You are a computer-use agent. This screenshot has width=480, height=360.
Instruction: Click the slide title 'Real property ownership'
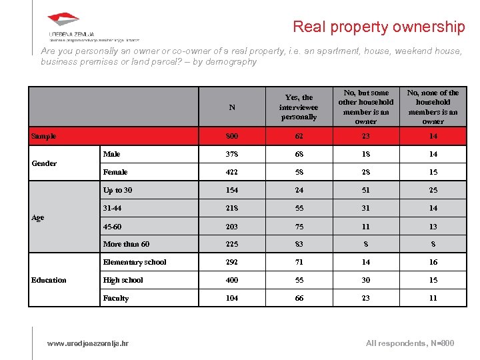pyautogui.click(x=379, y=27)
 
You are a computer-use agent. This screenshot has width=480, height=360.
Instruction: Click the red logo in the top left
pyautogui.click(x=64, y=21)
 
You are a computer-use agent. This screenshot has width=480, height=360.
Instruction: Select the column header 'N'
pyautogui.click(x=232, y=107)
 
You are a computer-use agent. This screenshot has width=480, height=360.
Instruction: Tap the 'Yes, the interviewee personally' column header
pyautogui.click(x=299, y=107)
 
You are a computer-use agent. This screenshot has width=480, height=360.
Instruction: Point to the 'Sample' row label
pyautogui.click(x=44, y=136)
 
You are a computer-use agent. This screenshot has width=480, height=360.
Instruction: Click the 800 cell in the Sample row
pyautogui.click(x=232, y=136)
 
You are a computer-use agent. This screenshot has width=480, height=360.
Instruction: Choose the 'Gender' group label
pyautogui.click(x=45, y=163)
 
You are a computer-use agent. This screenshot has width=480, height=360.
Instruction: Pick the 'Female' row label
pyautogui.click(x=115, y=172)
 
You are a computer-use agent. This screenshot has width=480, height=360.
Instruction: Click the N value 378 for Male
pyautogui.click(x=232, y=154)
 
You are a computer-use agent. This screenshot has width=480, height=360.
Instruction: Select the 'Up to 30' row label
pyautogui.click(x=117, y=190)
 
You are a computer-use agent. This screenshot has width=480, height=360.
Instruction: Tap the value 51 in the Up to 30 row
pyautogui.click(x=365, y=190)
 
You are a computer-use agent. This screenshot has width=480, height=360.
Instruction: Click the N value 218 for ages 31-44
pyautogui.click(x=232, y=208)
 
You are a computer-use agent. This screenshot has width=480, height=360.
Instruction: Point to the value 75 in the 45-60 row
pyautogui.click(x=299, y=226)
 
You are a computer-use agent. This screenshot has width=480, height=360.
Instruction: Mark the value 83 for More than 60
pyautogui.click(x=299, y=244)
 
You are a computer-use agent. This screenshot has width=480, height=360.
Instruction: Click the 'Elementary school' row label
pyautogui.click(x=135, y=262)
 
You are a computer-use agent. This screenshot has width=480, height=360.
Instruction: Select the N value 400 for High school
pyautogui.click(x=232, y=280)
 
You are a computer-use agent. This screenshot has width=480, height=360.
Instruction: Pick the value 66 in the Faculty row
pyautogui.click(x=299, y=298)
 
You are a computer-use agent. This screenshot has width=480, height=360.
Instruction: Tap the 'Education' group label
pyautogui.click(x=49, y=280)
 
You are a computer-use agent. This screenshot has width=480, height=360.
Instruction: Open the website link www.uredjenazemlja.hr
pyautogui.click(x=88, y=343)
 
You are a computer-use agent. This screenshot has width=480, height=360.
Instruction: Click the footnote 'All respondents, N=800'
pyautogui.click(x=410, y=343)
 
